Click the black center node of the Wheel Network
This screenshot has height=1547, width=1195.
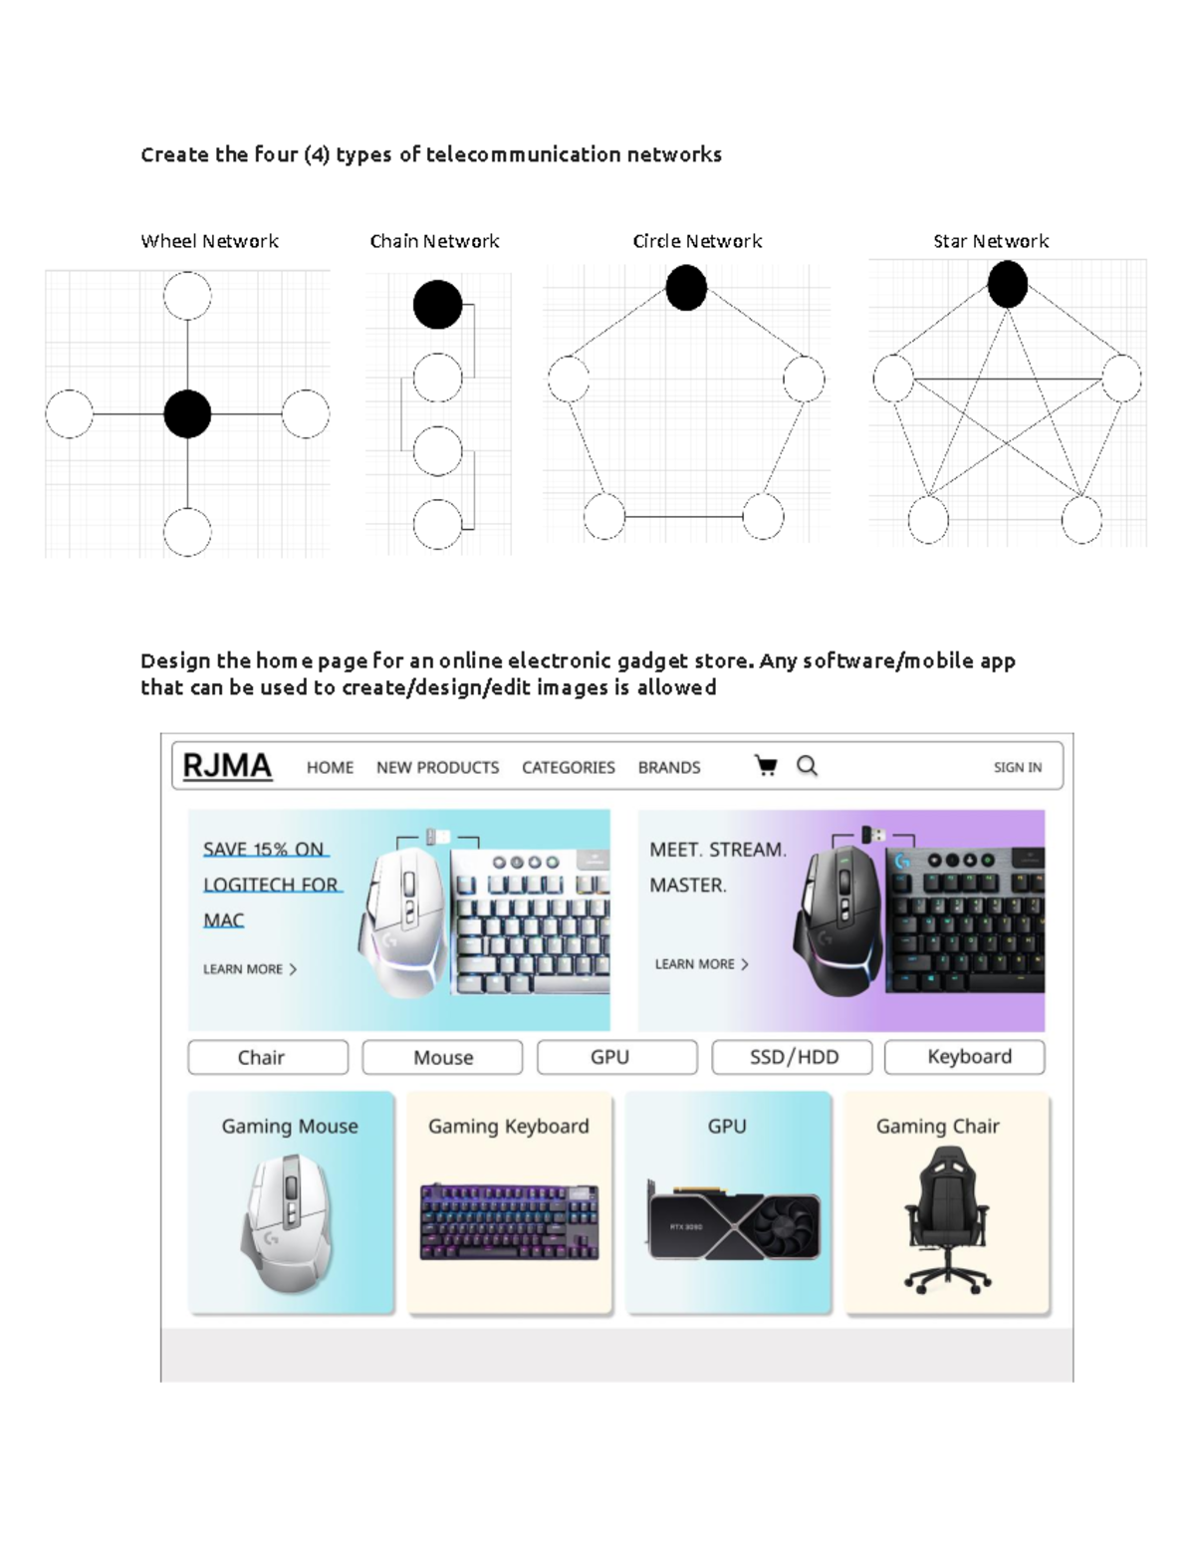tap(187, 414)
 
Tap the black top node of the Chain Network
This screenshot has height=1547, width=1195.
tap(437, 305)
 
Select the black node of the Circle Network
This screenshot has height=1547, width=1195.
tap(686, 288)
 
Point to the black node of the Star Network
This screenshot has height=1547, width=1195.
tap(1008, 284)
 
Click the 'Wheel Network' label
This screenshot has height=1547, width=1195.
tap(209, 241)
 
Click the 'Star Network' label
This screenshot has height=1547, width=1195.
tap(991, 241)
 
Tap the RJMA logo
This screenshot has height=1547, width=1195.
tap(227, 766)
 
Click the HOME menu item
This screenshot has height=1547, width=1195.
tap(330, 768)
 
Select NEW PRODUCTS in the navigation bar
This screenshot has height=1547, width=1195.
tap(437, 768)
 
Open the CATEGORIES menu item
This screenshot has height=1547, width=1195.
tap(569, 768)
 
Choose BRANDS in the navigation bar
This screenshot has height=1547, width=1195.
tap(669, 768)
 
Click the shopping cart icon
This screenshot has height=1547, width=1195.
tap(766, 766)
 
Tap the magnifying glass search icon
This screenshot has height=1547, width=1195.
tap(807, 766)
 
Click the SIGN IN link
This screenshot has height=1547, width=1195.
tap(1017, 768)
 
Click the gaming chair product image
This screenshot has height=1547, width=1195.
tap(947, 1218)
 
